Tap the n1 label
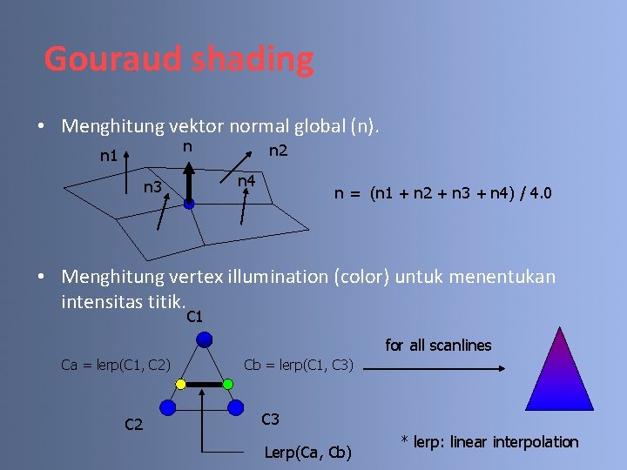click(109, 158)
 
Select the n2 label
click(278, 151)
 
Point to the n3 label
click(152, 186)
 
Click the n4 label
click(247, 181)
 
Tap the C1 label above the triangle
click(195, 317)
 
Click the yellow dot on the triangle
click(180, 384)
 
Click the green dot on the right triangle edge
click(227, 384)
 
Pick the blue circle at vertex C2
click(168, 407)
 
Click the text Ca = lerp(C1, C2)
click(116, 364)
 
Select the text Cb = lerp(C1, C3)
click(299, 364)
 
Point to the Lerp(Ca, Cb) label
click(308, 452)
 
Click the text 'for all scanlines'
click(438, 346)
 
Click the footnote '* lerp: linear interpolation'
click(489, 442)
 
